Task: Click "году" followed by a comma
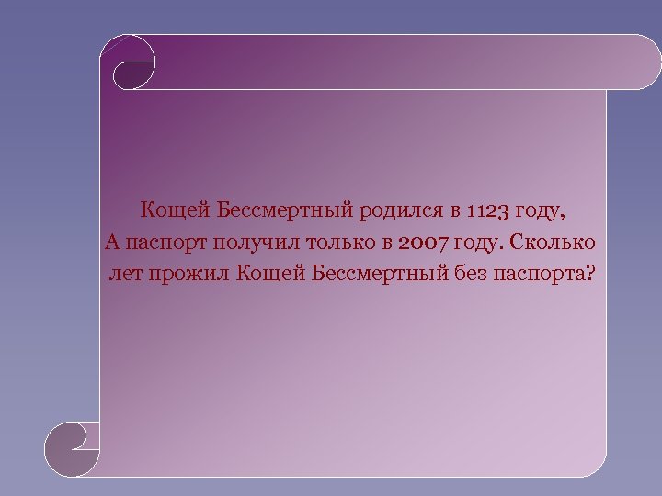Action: click(542, 212)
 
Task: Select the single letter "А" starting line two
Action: click(111, 242)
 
